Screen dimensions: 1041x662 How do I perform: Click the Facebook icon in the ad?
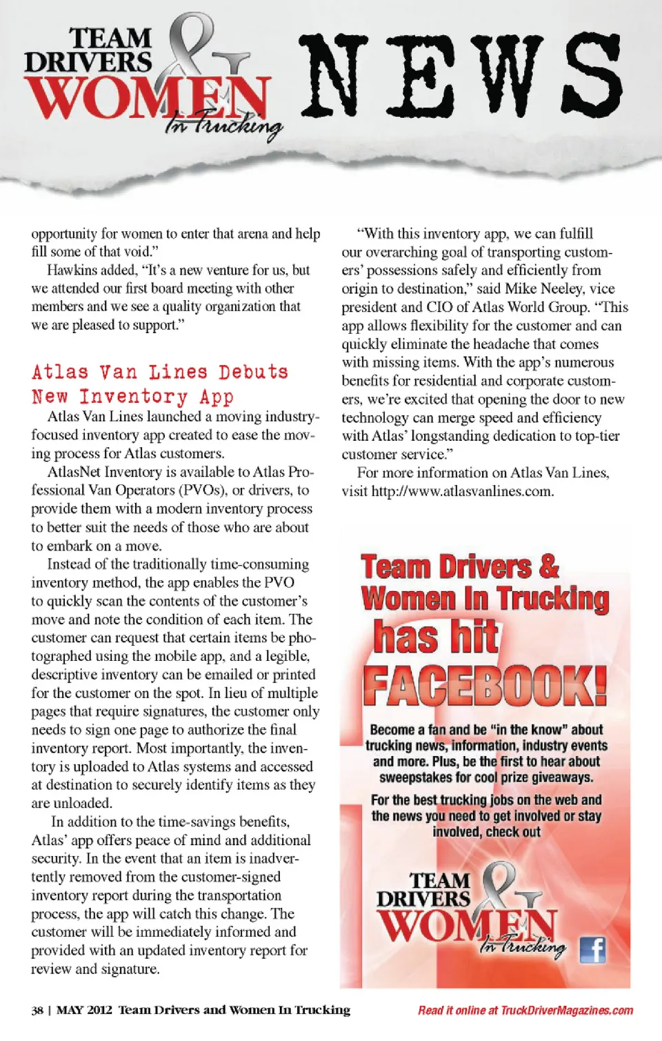tap(592, 951)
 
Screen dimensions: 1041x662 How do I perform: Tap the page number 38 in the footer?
tap(37, 1011)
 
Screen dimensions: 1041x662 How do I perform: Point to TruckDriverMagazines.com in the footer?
tap(567, 1011)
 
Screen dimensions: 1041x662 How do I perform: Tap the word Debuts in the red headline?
tap(253, 373)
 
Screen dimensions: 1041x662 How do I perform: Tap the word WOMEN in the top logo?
tap(145, 98)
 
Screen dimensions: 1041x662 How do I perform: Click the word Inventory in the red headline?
tap(133, 397)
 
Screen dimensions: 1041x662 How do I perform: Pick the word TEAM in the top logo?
tap(110, 38)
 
